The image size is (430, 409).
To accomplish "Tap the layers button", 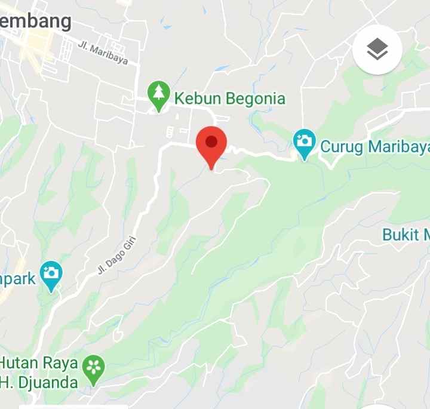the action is click(377, 50).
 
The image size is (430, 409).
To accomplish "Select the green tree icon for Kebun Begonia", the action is click(158, 95).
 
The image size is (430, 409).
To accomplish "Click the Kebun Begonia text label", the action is click(229, 98).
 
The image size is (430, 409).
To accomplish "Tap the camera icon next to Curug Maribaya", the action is click(305, 143).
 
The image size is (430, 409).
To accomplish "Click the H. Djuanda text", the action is click(39, 382).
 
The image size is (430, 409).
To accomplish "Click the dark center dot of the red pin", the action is click(211, 141).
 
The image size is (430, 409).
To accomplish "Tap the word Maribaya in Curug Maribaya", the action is click(397, 146).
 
